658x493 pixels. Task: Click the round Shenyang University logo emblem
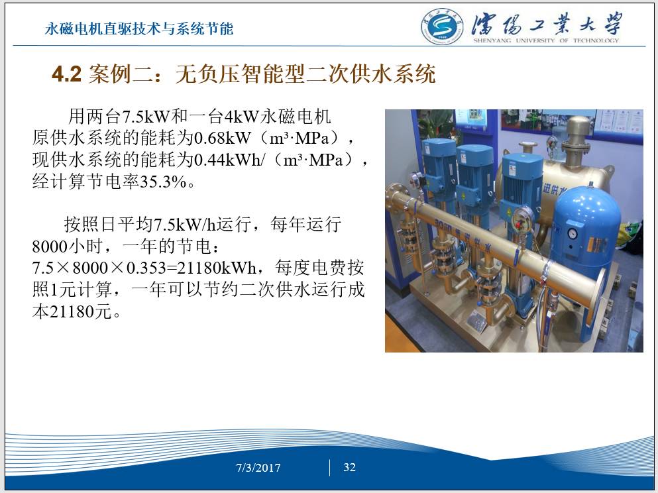[442, 27]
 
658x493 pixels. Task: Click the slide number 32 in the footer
[350, 467]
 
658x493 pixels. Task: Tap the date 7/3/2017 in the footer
[258, 468]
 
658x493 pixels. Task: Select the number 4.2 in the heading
[66, 74]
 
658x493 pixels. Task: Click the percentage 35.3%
[163, 182]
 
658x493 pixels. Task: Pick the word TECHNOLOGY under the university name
[596, 40]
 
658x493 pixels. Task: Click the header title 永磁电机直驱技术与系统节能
[139, 28]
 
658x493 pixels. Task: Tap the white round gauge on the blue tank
[572, 233]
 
